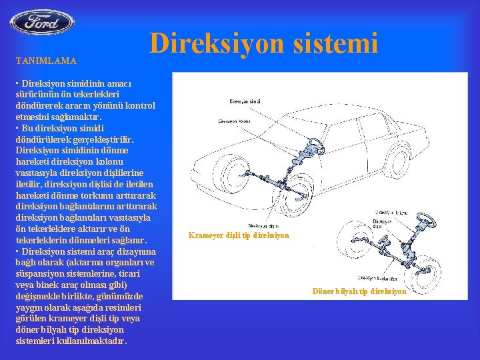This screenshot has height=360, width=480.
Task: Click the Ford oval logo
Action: tap(41, 22)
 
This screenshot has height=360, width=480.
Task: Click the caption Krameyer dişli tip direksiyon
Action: tap(239, 235)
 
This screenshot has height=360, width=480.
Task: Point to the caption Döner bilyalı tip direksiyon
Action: tap(359, 291)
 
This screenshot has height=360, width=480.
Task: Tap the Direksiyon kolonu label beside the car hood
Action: tap(235, 122)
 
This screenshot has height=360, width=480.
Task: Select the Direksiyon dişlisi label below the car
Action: tap(263, 226)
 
